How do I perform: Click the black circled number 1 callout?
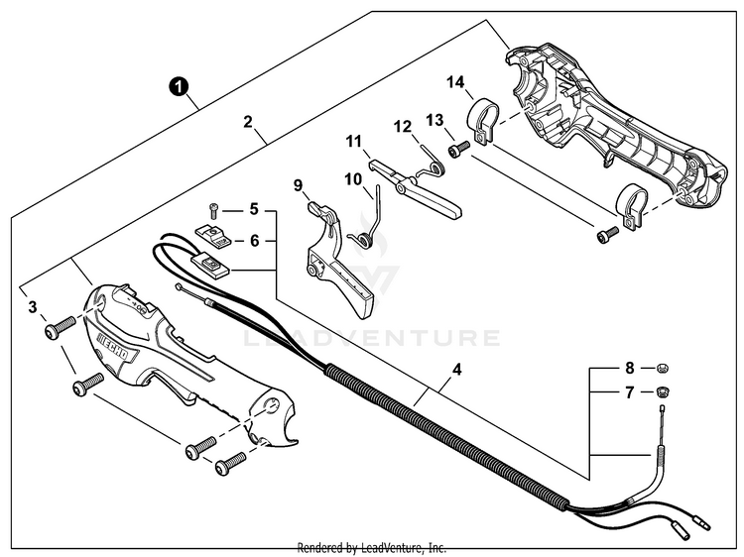178,86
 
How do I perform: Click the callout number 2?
248,123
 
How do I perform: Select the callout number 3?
33,307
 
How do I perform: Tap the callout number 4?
456,372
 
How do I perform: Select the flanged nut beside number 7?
662,393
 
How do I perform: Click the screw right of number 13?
458,150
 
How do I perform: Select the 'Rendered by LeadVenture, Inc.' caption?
372,547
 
